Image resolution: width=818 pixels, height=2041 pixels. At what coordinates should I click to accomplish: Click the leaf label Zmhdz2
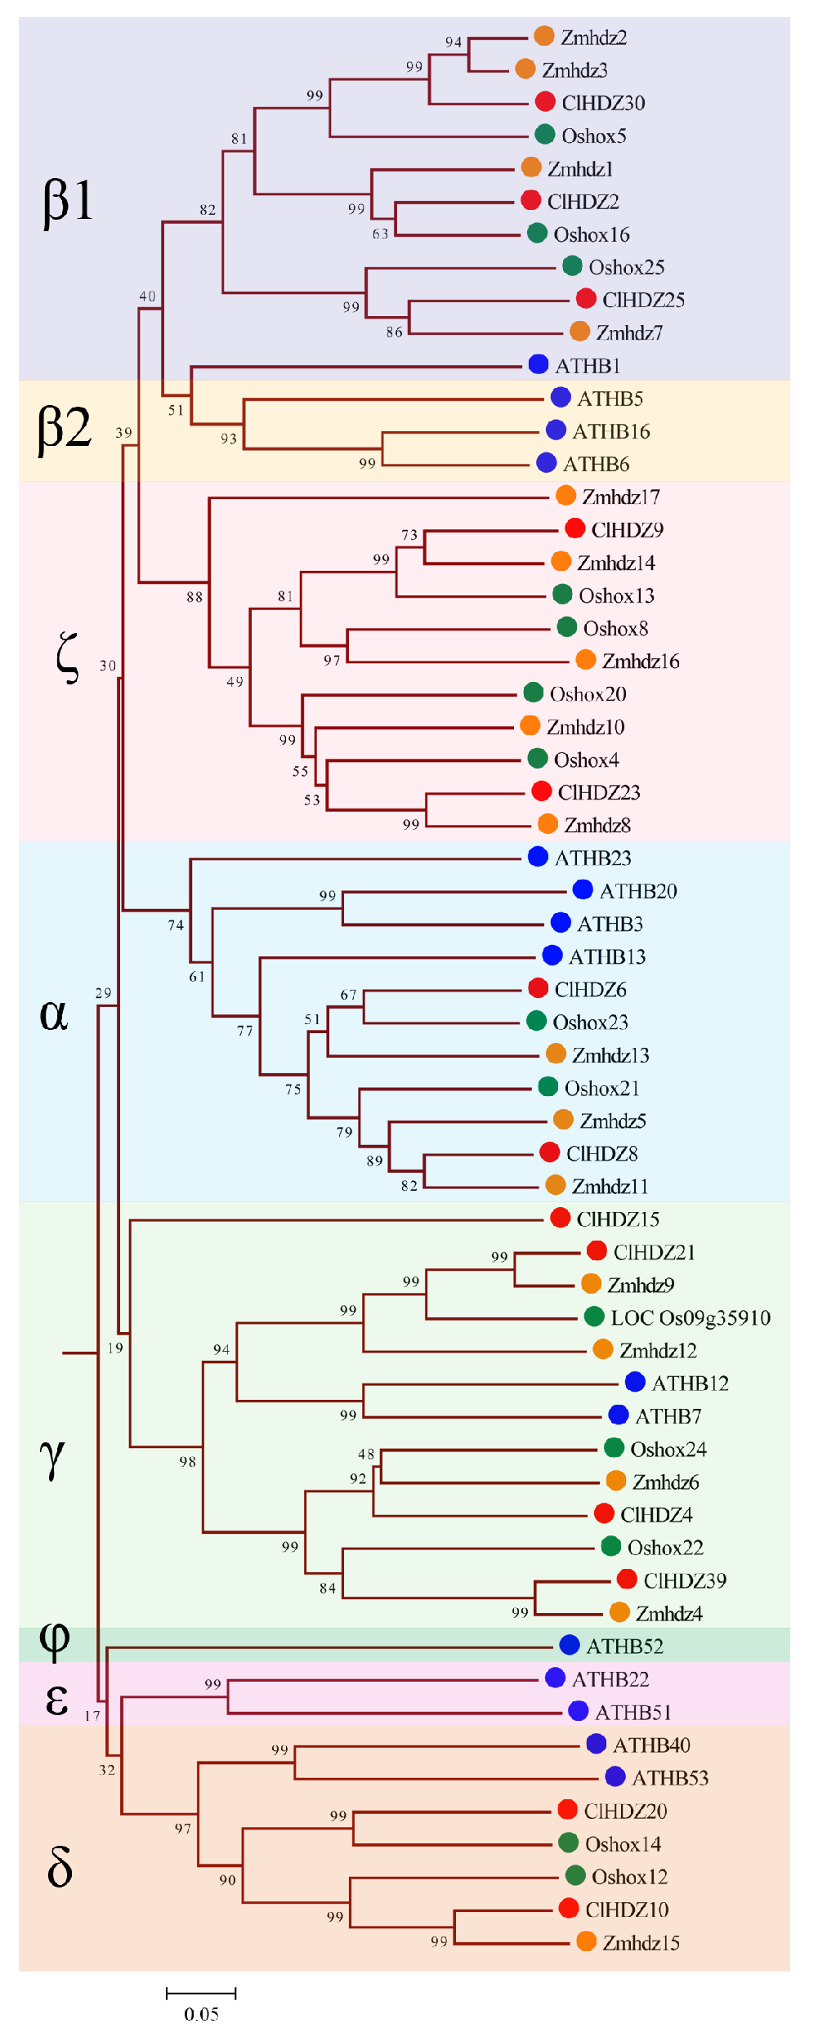[593, 38]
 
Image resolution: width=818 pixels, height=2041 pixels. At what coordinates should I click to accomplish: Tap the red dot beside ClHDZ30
[545, 101]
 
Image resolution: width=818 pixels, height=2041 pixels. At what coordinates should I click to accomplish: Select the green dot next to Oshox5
[545, 134]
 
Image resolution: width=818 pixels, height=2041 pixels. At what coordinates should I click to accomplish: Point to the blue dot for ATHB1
[539, 364]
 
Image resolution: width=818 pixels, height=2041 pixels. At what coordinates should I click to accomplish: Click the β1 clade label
[68, 200]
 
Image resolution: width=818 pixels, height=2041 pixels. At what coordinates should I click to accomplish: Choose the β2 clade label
[65, 428]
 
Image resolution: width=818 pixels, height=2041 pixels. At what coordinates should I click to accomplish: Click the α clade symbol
[54, 1014]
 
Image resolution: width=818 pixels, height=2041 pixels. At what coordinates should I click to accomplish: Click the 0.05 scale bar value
[201, 2014]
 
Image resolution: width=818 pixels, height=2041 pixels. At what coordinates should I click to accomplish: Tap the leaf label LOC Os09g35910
[691, 1317]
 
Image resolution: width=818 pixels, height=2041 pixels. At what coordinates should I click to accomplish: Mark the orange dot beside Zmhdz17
[565, 495]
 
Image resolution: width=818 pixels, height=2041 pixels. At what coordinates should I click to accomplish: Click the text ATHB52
[624, 1647]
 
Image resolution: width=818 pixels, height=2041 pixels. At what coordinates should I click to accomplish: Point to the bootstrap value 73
[409, 535]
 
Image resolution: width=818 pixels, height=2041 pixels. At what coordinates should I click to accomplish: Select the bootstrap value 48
[366, 1454]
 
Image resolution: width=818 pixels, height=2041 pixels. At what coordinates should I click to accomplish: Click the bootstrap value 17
[92, 1716]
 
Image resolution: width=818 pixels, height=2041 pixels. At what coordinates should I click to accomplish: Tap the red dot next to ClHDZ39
[627, 1579]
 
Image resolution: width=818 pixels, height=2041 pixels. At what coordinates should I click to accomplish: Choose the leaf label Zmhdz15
[641, 1943]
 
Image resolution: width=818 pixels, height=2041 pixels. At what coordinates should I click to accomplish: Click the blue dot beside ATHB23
[538, 856]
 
